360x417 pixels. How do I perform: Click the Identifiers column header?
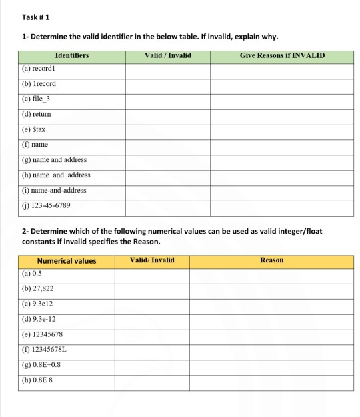[71, 55]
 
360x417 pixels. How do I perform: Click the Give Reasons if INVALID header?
[281, 55]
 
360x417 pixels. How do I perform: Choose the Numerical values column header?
[67, 261]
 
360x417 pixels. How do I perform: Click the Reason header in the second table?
[271, 260]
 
